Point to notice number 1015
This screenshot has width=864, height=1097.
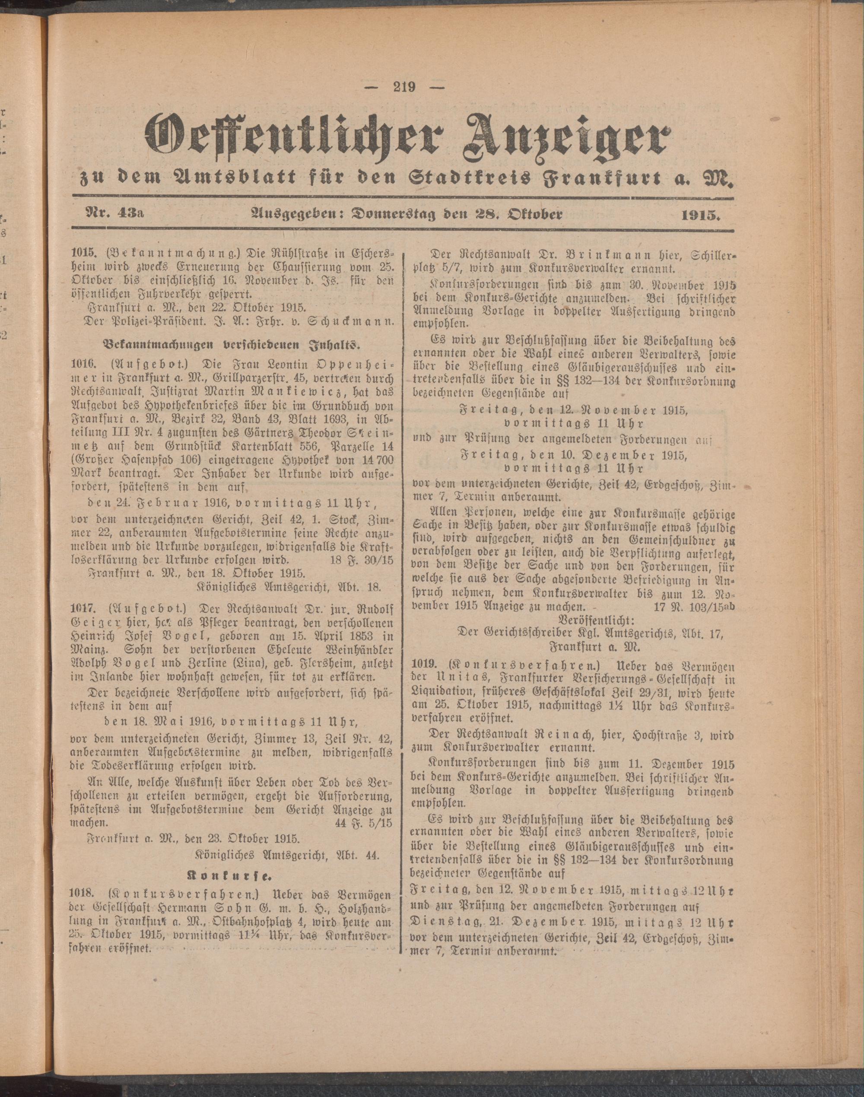tap(83, 253)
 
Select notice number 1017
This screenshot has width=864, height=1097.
tap(83, 607)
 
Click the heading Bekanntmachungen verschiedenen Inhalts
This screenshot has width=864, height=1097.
tap(232, 346)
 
